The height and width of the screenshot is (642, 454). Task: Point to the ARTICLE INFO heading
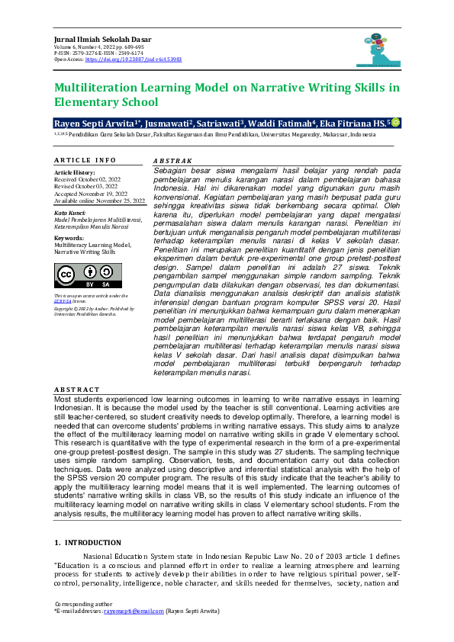[x=85, y=160]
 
